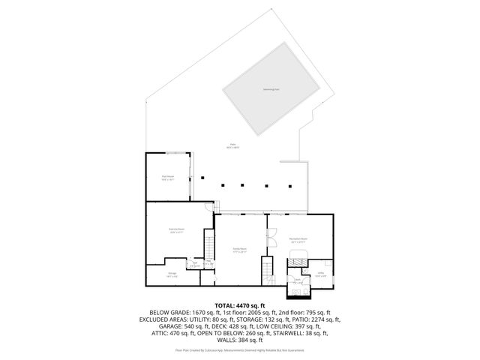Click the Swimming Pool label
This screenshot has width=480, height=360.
click(271, 89)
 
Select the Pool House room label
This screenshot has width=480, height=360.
click(167, 178)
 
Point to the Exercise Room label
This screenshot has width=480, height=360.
click(177, 232)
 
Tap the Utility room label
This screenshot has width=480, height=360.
click(320, 274)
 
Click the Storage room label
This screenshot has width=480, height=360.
click(172, 274)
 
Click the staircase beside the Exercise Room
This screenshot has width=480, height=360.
click(209, 246)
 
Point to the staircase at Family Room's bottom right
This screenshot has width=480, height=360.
click(266, 271)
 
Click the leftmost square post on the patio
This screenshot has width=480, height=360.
click(202, 178)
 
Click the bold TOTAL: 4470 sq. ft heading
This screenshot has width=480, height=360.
click(239, 305)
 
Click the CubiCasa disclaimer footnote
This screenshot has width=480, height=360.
click(239, 349)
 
